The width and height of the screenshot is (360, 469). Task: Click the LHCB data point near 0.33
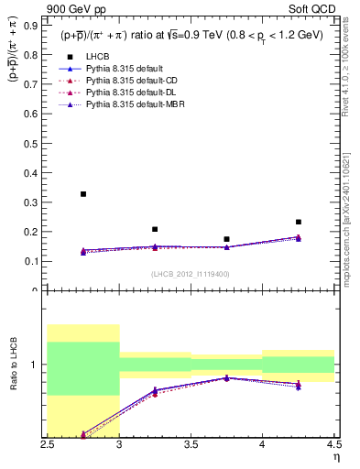[x=83, y=194]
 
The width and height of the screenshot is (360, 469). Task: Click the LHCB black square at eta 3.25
[x=155, y=229]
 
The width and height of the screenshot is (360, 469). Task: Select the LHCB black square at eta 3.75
[x=226, y=239]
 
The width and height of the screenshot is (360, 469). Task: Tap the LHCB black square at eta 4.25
[x=298, y=222]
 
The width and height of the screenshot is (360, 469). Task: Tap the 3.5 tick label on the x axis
[x=191, y=444]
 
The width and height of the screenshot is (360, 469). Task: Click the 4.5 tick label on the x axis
[x=333, y=444]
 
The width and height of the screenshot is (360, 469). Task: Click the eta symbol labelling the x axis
[x=336, y=456]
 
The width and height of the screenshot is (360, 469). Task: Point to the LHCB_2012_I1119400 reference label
[x=191, y=274]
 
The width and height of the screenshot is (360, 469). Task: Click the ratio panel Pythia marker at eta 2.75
[x=83, y=433]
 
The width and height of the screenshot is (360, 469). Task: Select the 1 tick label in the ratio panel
[x=38, y=365]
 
